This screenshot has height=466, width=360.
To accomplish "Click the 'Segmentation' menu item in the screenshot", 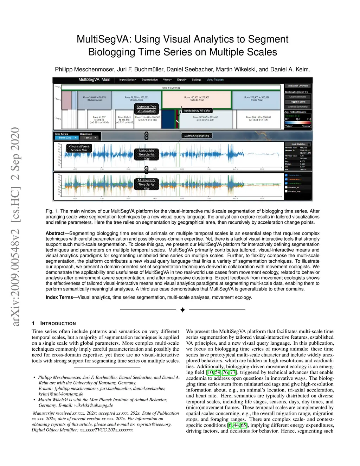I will tap(149, 80).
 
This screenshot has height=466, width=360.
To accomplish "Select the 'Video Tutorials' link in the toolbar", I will tap(215, 80).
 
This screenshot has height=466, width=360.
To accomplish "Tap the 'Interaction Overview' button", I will tap(298, 85).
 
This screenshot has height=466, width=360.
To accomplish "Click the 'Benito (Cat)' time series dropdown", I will tap(66, 138).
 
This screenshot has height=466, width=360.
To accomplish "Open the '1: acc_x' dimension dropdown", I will tap(89, 138).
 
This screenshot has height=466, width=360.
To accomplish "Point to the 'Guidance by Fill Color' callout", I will tap(197, 111).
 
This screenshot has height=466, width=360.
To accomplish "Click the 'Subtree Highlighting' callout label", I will tap(197, 136).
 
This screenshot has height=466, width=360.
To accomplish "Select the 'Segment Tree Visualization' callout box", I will tap(146, 109).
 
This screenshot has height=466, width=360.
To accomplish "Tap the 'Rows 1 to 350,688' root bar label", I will tap(171, 88).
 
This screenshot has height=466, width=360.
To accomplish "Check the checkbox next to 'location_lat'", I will tap(287, 187).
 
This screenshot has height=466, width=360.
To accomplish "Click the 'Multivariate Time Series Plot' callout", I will tap(146, 184).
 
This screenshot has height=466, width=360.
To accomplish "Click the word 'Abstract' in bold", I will tap(55, 233).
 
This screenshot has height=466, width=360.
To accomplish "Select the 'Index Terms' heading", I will tap(59, 297).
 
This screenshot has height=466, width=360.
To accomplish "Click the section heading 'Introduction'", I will tap(58, 324).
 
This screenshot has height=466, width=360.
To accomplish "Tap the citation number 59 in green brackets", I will tap(218, 372).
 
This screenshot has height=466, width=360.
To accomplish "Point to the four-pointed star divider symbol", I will tap(182, 310).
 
